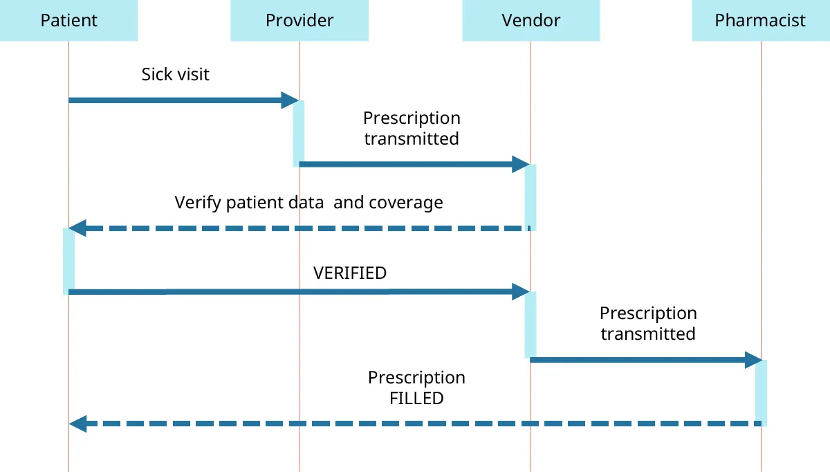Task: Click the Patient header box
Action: tap(68, 20)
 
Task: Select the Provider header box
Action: tap(299, 20)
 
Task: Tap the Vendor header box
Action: tap(531, 20)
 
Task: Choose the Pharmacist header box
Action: tap(760, 20)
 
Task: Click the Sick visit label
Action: tap(175, 74)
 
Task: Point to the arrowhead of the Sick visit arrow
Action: tap(290, 100)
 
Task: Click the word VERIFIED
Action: tap(350, 273)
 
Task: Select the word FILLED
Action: tap(416, 398)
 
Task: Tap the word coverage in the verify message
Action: tap(405, 203)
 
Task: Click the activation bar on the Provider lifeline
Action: tap(299, 133)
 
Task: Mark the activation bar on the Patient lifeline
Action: tap(68, 260)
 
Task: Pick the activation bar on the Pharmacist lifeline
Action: tap(761, 392)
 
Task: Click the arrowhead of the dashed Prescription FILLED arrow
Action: tap(77, 424)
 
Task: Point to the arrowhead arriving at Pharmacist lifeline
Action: tap(753, 360)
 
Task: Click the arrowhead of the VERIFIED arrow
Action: tap(521, 291)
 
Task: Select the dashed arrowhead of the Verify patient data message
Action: tap(77, 228)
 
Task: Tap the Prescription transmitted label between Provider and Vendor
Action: tap(412, 128)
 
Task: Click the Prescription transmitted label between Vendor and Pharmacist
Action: tap(647, 323)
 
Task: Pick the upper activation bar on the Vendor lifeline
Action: tap(531, 197)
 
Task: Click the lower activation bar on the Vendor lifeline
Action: tap(531, 324)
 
